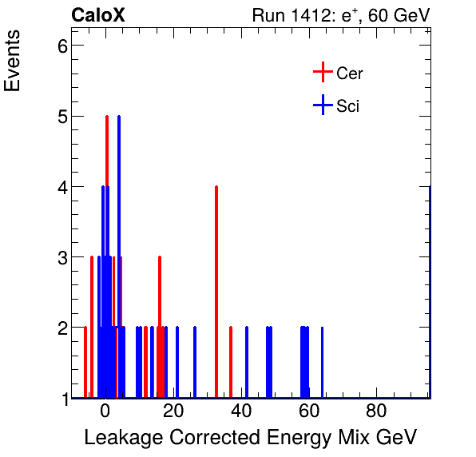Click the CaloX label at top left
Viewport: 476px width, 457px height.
97,15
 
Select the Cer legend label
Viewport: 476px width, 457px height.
350,74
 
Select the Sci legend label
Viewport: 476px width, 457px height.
347,105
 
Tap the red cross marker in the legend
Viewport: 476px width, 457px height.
322,73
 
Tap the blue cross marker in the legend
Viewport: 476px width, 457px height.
322,105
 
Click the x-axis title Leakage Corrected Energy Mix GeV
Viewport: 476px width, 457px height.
250,437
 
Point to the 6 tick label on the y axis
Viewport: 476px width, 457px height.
58,46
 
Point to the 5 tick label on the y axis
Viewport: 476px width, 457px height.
58,117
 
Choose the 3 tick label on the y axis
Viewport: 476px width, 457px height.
58,258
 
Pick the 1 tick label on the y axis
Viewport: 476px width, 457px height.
58,399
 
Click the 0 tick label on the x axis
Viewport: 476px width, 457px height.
105,413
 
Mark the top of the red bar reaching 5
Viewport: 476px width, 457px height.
106,117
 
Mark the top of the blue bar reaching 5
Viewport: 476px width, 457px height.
119,117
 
